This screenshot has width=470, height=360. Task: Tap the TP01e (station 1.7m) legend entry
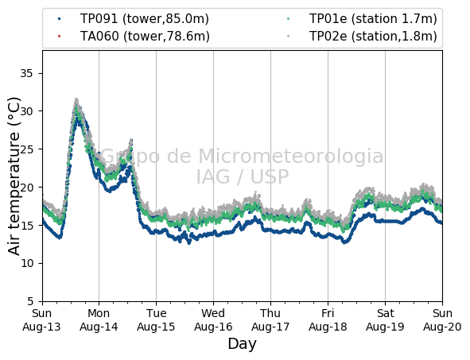[x=362, y=19]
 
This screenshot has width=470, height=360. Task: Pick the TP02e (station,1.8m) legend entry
[x=362, y=37]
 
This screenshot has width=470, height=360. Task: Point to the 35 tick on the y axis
[x=26, y=73]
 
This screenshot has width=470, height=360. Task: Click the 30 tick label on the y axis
[x=26, y=111]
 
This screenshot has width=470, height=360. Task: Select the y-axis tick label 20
[x=26, y=188]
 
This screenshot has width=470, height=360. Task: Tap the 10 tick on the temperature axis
[x=26, y=263]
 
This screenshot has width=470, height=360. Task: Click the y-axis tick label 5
[x=30, y=301]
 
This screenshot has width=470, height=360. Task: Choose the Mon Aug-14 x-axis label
[x=99, y=319]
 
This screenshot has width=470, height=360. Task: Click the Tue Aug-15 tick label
[x=156, y=319]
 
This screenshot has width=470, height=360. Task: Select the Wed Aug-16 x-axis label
[x=213, y=319]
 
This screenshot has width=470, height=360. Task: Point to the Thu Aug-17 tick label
[x=270, y=319]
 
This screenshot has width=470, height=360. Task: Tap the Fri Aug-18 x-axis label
[x=328, y=319]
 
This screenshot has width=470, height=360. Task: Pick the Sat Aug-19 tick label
[x=385, y=319]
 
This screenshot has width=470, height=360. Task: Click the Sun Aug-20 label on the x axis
[x=442, y=319]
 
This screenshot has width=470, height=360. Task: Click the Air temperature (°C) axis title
[x=14, y=176]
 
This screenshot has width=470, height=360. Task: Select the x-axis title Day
[x=243, y=344]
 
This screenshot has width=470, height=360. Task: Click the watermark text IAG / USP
[x=243, y=176]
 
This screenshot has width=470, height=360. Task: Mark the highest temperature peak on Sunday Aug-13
[x=76, y=99]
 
